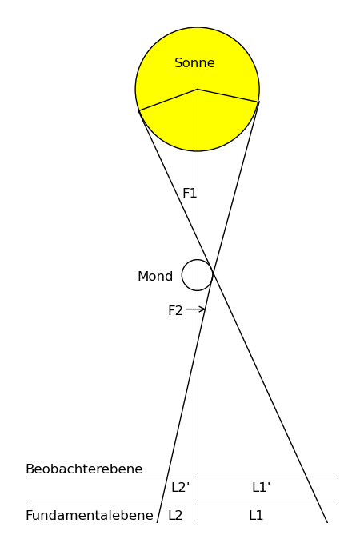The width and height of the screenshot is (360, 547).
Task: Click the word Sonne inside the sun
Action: click(x=194, y=63)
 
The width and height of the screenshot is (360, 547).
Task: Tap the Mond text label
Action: click(x=155, y=276)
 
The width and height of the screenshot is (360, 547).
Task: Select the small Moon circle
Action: click(x=182, y=275)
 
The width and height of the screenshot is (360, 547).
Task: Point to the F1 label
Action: click(x=190, y=194)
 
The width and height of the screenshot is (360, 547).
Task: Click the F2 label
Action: click(x=175, y=310)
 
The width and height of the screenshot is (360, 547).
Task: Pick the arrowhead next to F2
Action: click(x=202, y=309)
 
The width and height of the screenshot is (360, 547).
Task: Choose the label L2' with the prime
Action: click(x=180, y=488)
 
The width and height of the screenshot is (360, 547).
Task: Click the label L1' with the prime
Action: click(x=262, y=488)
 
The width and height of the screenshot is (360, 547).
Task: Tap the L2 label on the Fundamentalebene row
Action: click(x=175, y=516)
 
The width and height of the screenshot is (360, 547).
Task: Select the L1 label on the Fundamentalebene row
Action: click(x=256, y=516)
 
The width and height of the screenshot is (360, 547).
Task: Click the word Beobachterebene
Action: click(x=84, y=469)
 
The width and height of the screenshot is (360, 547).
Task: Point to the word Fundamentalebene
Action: click(x=90, y=516)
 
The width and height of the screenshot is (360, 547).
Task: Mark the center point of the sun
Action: click(x=198, y=90)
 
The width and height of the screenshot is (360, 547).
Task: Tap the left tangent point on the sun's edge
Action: click(x=138, y=110)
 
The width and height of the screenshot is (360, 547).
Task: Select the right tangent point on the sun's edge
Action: click(x=258, y=102)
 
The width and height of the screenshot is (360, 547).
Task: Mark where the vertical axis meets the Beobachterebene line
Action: click(x=198, y=477)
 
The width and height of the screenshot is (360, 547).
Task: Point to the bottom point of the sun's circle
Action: click(x=198, y=151)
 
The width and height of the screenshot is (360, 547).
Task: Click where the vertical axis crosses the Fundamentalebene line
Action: click(x=198, y=505)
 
